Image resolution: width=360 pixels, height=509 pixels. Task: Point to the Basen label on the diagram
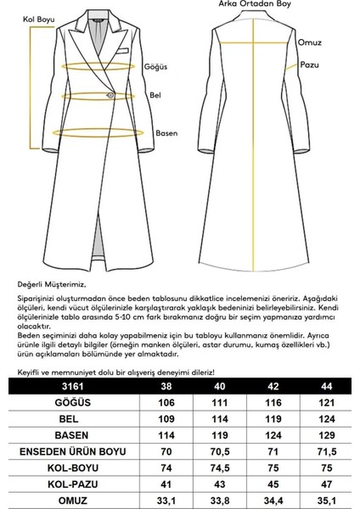(x=166, y=132)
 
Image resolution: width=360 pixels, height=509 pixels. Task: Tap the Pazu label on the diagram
(x=308, y=64)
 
